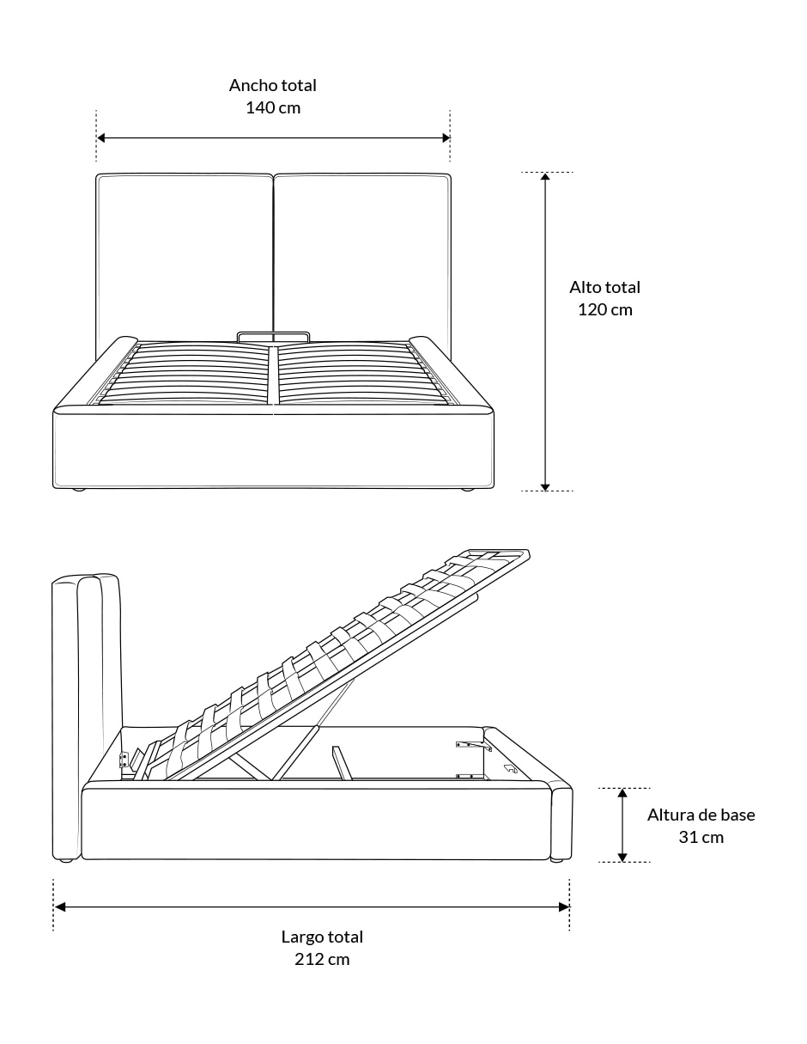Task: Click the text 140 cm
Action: [x=273, y=107]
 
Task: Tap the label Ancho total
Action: [x=272, y=85]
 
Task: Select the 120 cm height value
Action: [x=605, y=309]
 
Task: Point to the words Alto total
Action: [x=604, y=287]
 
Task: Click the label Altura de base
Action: [x=701, y=815]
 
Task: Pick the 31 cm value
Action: [x=701, y=837]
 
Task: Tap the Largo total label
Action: [x=322, y=937]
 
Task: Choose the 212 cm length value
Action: [x=322, y=960]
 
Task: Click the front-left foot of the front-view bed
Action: [x=79, y=490]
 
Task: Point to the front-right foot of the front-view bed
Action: [x=467, y=490]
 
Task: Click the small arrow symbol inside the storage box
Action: [x=511, y=768]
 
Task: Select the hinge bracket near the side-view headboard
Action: [x=124, y=759]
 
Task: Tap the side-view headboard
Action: [x=87, y=716]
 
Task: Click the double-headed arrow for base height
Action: [x=622, y=825]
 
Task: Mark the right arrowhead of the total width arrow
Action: [x=446, y=137]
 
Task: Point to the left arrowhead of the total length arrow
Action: [x=59, y=907]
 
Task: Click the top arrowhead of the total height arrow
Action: [x=545, y=177]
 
